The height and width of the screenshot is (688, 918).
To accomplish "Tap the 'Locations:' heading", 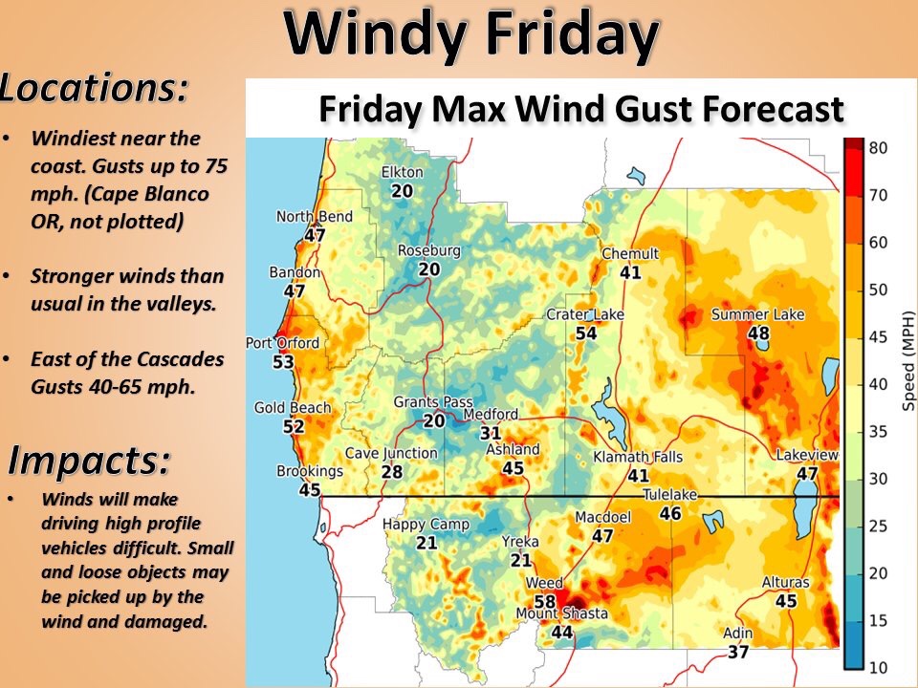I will (x=94, y=88).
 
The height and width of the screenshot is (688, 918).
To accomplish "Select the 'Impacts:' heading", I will (x=90, y=461).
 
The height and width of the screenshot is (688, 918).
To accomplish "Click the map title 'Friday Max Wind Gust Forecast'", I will (x=580, y=109).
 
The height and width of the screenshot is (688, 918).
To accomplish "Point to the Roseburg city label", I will (x=429, y=251).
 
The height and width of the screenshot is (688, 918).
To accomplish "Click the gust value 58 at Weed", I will (x=544, y=601).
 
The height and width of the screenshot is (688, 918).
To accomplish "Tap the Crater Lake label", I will (x=585, y=314).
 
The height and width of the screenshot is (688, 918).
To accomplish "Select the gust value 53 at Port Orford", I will (x=283, y=362).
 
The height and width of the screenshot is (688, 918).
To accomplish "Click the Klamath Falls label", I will (x=638, y=457).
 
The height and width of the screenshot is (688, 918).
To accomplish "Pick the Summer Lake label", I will (x=757, y=314).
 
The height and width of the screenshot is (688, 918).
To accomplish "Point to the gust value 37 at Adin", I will (x=737, y=652).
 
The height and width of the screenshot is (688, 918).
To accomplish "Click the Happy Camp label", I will (x=426, y=525).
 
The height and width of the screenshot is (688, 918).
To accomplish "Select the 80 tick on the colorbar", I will (x=879, y=147).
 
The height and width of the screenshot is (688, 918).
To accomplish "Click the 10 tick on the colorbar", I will (x=879, y=665).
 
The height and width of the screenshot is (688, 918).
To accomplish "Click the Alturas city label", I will (x=786, y=583).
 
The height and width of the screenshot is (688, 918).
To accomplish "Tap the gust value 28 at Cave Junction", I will (x=391, y=471).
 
